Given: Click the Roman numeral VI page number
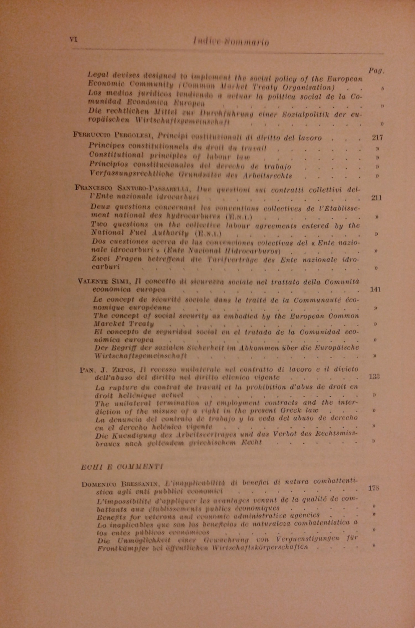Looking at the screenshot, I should pyautogui.click(x=73, y=40).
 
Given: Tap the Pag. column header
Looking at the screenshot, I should pyautogui.click(x=376, y=71).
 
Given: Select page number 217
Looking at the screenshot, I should pyautogui.click(x=377, y=137).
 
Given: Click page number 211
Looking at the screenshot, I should pyautogui.click(x=376, y=198).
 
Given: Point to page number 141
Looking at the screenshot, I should pyautogui.click(x=375, y=289).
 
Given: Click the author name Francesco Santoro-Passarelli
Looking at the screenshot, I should pyautogui.click(x=133, y=188).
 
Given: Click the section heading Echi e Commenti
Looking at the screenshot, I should pyautogui.click(x=122, y=467).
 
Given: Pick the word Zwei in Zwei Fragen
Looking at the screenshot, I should pyautogui.click(x=100, y=260).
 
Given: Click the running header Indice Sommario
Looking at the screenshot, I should pyautogui.click(x=231, y=42).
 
